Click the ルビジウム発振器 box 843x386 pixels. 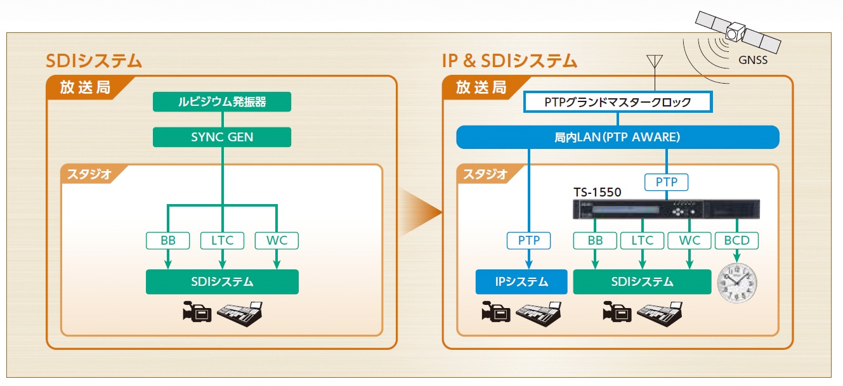click(222, 102)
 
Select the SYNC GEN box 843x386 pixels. click(222, 137)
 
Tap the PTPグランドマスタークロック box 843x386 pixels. click(618, 102)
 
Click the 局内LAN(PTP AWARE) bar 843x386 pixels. click(618, 137)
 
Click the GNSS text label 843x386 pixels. click(752, 61)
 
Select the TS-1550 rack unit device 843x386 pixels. click(665, 209)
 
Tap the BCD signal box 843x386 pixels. click(736, 241)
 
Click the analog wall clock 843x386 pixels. click(737, 283)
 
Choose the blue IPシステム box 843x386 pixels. click(521, 282)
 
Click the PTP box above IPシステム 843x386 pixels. click(528, 241)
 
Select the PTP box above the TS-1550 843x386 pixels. click(666, 183)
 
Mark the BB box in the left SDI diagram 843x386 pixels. click(168, 241)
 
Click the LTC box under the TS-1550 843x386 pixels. click(642, 241)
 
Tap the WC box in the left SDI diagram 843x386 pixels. click(277, 241)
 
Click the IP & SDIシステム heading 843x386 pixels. click(509, 61)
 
